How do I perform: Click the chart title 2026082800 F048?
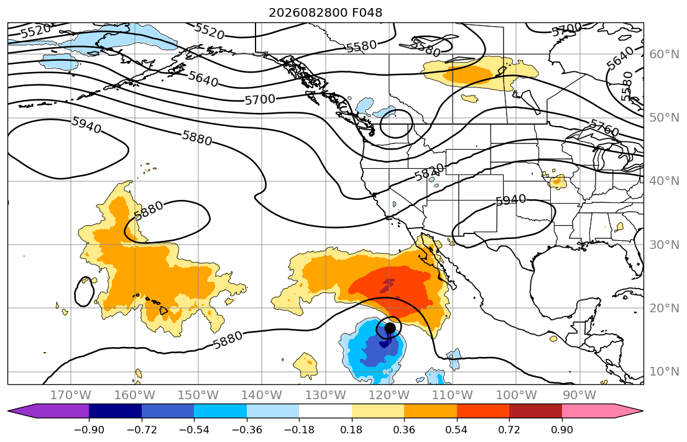[x=325, y=12]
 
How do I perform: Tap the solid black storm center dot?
[x=390, y=328]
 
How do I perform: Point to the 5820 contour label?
[x=430, y=172]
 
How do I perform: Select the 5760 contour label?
[x=604, y=128]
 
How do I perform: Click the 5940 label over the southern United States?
[x=511, y=201]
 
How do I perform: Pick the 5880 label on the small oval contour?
[x=148, y=210]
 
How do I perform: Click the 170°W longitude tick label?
[x=71, y=395]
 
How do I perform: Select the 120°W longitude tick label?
[x=389, y=395]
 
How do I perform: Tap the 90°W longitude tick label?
[x=579, y=395]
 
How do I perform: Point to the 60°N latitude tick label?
[x=664, y=54]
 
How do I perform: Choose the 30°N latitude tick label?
[x=664, y=245]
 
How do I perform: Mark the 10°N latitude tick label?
[x=664, y=372]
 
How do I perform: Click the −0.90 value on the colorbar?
[x=89, y=430]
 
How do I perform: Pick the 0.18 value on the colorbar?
[x=352, y=430]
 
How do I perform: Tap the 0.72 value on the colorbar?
[x=509, y=430]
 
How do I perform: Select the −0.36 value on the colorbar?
[x=247, y=430]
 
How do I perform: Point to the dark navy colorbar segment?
[x=115, y=411]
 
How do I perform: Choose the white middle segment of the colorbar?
[x=326, y=411]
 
